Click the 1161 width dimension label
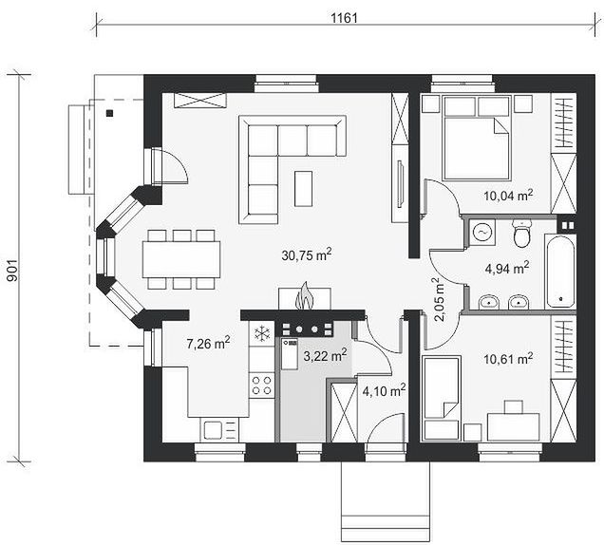tap(345, 18)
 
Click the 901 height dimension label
tap(12, 271)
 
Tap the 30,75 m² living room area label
tap(307, 254)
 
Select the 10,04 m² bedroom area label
tap(508, 196)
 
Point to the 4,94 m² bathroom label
tap(506, 268)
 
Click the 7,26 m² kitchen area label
tap(208, 343)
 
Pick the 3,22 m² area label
tap(325, 355)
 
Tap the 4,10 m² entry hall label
tap(384, 391)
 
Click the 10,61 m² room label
tap(508, 359)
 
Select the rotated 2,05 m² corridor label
tap(440, 299)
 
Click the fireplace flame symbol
tap(305, 296)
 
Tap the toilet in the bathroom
tap(522, 234)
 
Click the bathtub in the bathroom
tap(560, 272)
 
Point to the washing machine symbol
tap(481, 233)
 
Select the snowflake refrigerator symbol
tap(262, 333)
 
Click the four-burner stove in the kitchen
tap(261, 385)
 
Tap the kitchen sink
tap(213, 430)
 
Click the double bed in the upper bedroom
tap(478, 138)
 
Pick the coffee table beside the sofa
tap(304, 189)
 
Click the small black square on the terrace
tap(110, 113)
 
